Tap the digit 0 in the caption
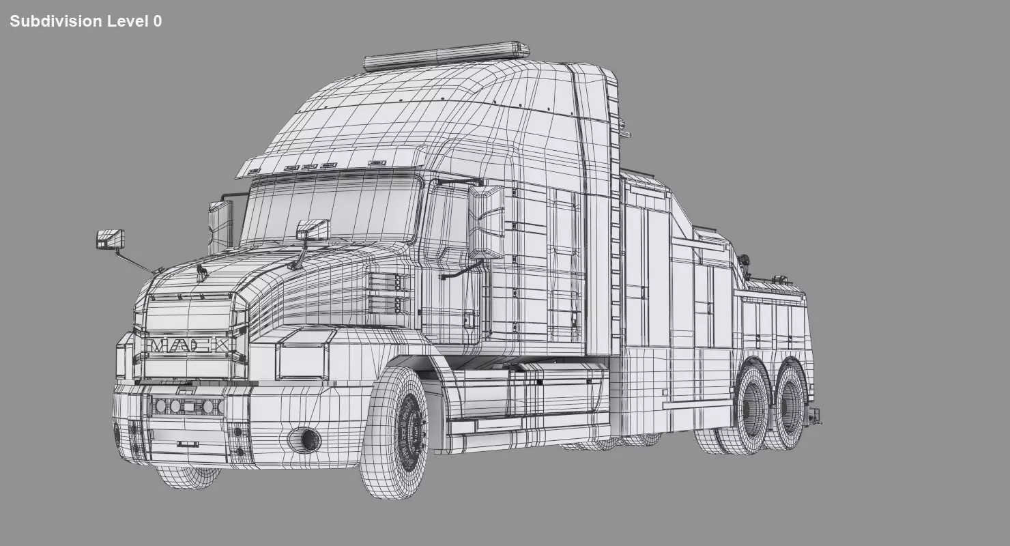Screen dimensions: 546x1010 (x=158, y=21)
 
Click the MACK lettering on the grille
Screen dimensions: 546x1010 (x=189, y=345)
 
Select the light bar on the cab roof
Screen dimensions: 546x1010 (x=447, y=56)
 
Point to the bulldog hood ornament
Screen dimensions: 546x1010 (x=201, y=273)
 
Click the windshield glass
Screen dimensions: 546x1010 (x=331, y=208)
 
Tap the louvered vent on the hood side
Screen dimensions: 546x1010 (x=390, y=293)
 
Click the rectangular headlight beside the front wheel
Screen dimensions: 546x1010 (x=302, y=362)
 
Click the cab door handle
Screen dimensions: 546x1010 (x=470, y=319)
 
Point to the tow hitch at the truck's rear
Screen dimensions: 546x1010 (x=813, y=415)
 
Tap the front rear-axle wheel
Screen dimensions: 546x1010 (x=751, y=409)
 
